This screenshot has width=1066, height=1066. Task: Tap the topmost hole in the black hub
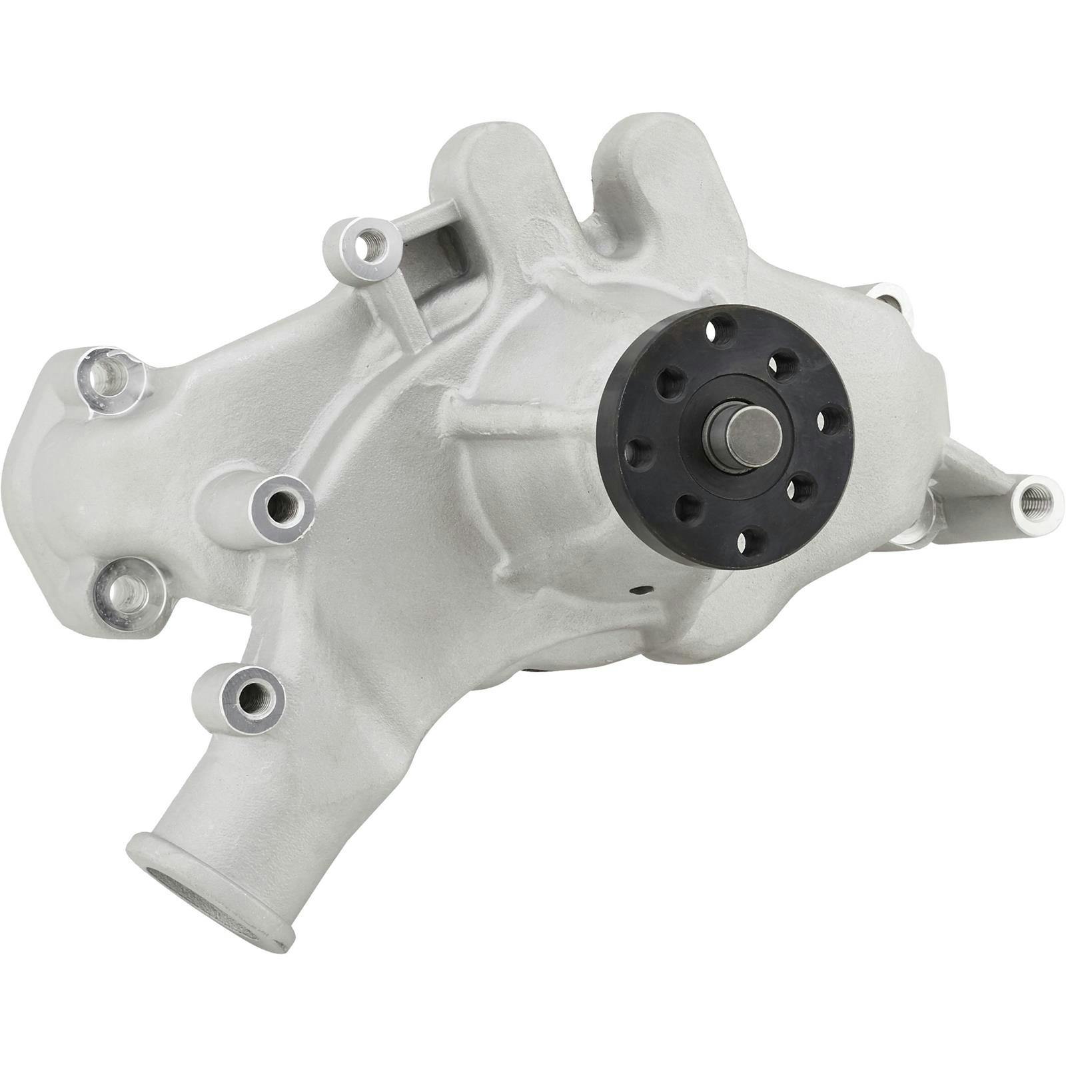click(x=722, y=328)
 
